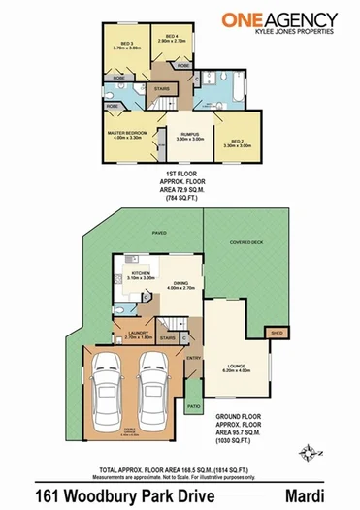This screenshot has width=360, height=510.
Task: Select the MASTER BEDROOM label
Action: tap(127, 133)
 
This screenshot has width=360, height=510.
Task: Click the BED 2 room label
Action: tap(237, 142)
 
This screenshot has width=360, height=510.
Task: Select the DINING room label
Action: tap(181, 284)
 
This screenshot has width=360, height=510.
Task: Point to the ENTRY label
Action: tap(192, 358)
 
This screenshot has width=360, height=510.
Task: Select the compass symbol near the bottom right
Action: tap(309, 449)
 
